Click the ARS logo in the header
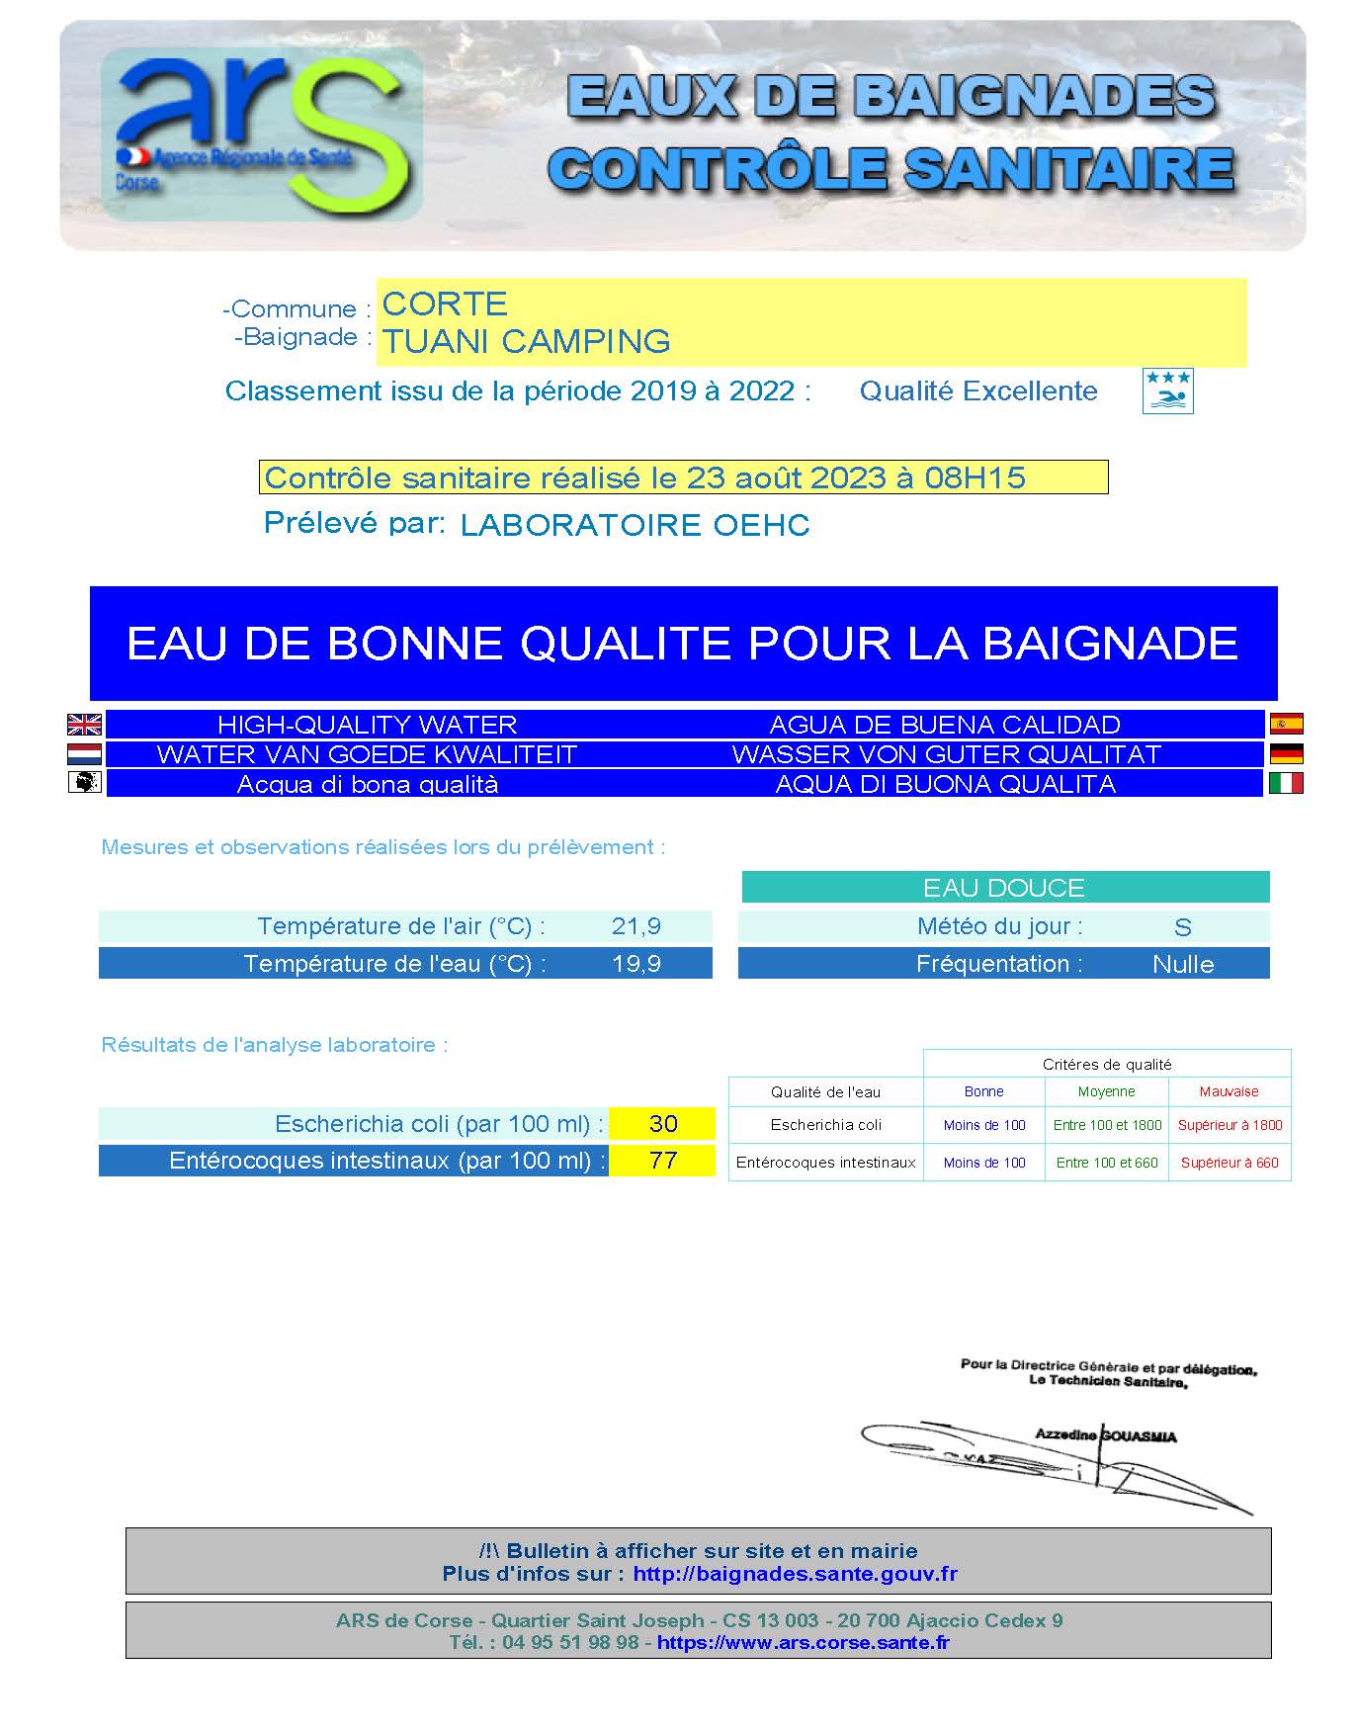tap(263, 133)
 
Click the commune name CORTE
tap(445, 303)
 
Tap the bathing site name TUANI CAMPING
tap(527, 341)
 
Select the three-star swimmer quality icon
tap(1167, 390)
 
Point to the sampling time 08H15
tap(975, 478)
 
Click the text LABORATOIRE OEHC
tap(635, 525)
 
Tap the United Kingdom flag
tap(84, 725)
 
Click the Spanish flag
tap(1286, 724)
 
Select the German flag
tap(1286, 753)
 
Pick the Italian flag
tap(1286, 783)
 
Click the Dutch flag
tap(84, 754)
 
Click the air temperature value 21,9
tap(636, 926)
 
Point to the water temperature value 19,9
tap(636, 964)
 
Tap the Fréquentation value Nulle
tap(1183, 965)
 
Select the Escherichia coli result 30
tap(663, 1124)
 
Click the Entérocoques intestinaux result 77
tap(663, 1161)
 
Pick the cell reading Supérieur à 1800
tap(1230, 1125)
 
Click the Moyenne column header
tap(1106, 1091)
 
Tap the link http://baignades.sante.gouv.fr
tap(795, 1574)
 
